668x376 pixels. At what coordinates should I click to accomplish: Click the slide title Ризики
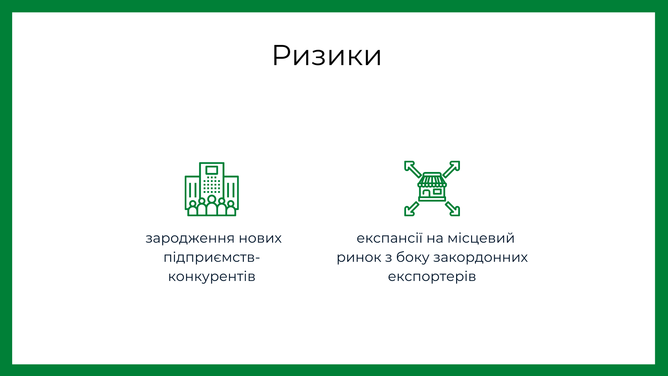pos(327,56)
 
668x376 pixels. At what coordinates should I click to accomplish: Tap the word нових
pos(260,238)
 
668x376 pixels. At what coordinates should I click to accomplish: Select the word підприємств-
pos(212,258)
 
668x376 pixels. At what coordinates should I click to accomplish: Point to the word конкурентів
pos(212,277)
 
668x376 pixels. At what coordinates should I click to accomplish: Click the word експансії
pos(389,238)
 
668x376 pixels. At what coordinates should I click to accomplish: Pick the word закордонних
pos(480,258)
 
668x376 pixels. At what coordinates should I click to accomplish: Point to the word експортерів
pos(432,277)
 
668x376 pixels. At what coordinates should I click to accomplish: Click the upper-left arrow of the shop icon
pos(413,169)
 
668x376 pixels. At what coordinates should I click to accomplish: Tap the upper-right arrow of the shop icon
pos(451,169)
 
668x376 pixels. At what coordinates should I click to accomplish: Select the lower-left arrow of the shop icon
pos(412,209)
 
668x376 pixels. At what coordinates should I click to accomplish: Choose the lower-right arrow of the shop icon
pos(453,209)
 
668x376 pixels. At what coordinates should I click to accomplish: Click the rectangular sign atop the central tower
pos(212,170)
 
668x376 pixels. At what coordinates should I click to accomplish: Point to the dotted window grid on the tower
pos(212,185)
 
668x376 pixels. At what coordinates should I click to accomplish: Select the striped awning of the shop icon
pos(432,180)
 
